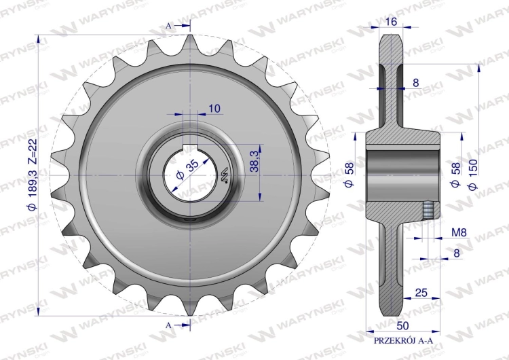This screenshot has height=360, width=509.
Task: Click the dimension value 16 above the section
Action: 392,22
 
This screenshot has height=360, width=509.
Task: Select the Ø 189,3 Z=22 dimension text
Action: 33,175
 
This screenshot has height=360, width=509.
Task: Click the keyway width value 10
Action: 214,108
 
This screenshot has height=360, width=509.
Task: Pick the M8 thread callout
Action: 459,232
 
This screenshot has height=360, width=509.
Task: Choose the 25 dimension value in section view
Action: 421,293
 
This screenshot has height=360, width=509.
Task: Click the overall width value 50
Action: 403,325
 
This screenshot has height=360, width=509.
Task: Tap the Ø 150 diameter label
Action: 473,174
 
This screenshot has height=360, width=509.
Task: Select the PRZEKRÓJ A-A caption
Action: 404,341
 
